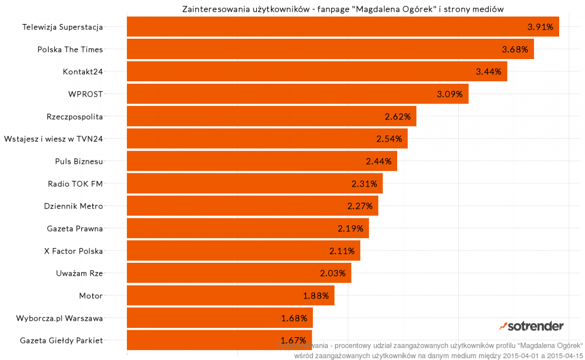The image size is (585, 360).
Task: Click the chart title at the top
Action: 343,9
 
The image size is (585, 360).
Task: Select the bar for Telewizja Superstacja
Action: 342,26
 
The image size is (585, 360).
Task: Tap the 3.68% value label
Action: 515,49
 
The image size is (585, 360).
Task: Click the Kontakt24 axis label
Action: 83,71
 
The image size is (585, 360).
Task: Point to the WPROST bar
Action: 297,94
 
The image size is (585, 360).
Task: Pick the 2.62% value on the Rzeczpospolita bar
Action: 397,116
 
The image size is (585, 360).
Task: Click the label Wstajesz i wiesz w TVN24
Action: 54,138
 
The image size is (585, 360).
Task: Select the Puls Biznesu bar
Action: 262,161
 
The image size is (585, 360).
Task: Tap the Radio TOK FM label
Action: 75,183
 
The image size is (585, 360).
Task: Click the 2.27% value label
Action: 360,206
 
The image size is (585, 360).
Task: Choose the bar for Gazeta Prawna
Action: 248,228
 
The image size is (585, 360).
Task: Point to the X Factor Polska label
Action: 73,251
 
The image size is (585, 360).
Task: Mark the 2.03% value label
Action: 333,273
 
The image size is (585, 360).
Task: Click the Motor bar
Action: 230,295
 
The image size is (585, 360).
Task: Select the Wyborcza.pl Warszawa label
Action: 60,318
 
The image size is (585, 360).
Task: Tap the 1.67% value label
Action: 293,340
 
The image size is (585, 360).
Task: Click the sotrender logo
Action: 531,326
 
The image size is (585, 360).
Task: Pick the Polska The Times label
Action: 70,49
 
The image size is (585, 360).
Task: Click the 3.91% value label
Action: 540,27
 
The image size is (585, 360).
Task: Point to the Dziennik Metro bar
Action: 252,206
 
